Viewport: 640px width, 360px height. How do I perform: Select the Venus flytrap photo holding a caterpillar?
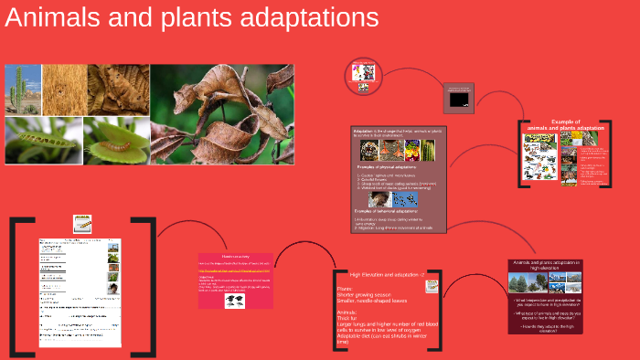click(x=117, y=140)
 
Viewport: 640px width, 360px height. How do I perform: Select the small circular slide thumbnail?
click(x=363, y=77)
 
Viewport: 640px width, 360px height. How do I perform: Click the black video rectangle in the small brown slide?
click(x=459, y=97)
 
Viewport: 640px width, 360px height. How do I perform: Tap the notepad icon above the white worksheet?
click(x=82, y=223)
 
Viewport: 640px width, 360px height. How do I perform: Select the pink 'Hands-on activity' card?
click(x=234, y=280)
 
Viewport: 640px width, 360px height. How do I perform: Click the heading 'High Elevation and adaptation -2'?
click(x=383, y=274)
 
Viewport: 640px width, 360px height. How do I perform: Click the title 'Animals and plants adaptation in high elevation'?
click(x=547, y=266)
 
